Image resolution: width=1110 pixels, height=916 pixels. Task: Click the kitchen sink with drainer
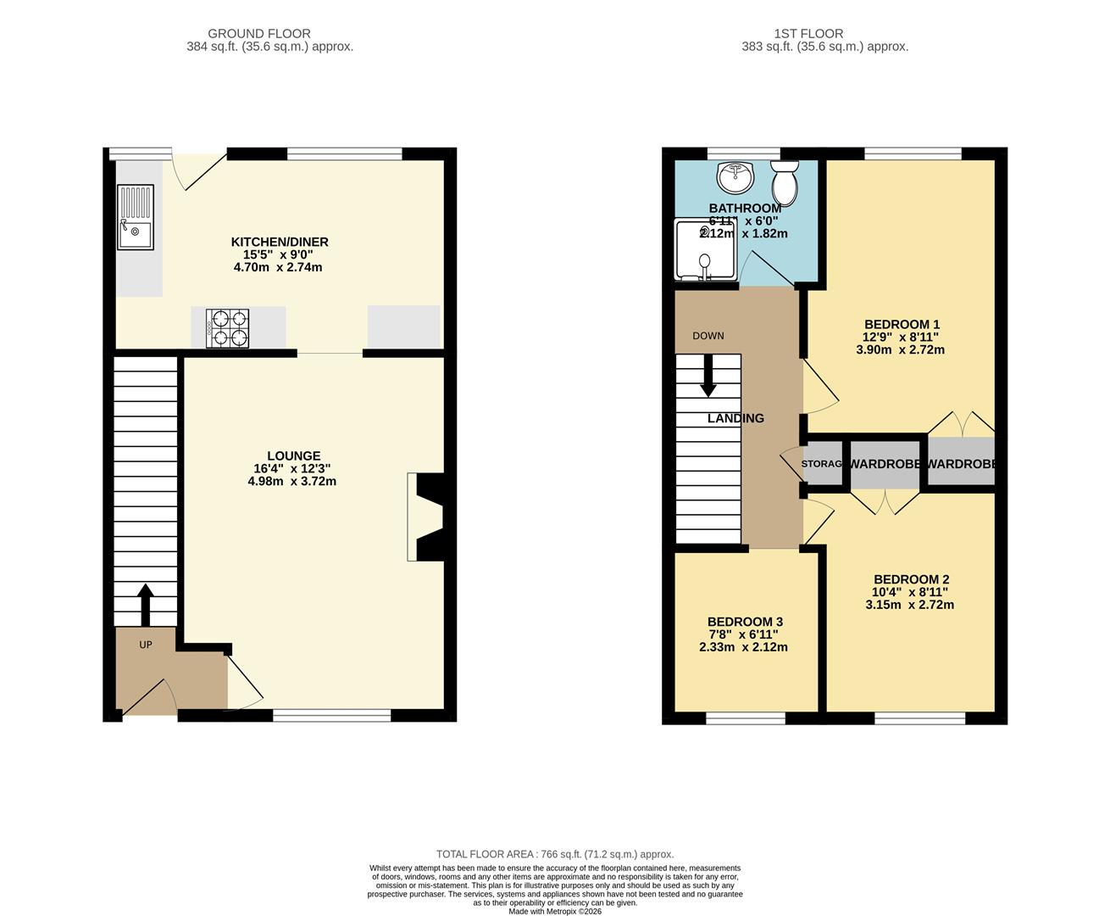(135, 217)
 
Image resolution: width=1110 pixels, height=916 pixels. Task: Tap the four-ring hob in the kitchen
(228, 328)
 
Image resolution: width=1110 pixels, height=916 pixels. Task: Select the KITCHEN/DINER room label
(280, 242)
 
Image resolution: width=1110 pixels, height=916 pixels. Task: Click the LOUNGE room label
(293, 455)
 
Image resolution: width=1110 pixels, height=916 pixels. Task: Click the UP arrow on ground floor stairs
(145, 603)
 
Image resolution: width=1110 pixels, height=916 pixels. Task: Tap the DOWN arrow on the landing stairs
(708, 375)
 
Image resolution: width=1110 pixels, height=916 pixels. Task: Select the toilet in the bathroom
(785, 184)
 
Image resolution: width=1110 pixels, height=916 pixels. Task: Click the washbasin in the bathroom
(735, 177)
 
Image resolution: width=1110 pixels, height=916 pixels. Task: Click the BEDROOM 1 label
(902, 324)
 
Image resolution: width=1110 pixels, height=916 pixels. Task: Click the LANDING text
(735, 418)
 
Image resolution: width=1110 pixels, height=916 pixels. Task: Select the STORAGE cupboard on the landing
(822, 464)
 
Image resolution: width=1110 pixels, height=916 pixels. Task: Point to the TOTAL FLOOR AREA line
(554, 854)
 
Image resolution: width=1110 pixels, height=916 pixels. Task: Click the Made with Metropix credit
(554, 911)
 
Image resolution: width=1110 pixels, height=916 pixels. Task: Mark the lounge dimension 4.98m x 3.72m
(291, 481)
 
